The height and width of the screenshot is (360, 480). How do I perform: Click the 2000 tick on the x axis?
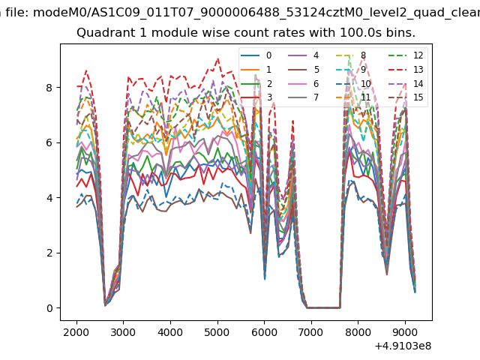click(76, 332)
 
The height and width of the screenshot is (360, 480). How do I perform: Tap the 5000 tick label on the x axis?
click(217, 332)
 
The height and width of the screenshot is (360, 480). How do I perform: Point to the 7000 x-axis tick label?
click(311, 332)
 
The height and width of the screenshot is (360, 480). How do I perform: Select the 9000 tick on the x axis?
click(405, 332)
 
